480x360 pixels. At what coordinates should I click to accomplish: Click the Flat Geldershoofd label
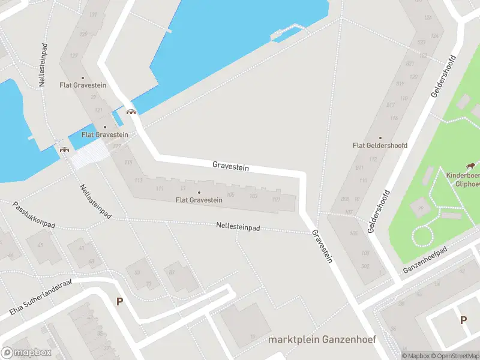pos(380,145)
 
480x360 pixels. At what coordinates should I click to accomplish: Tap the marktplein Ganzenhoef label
pos(322,339)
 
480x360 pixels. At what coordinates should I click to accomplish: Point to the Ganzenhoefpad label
pos(427,260)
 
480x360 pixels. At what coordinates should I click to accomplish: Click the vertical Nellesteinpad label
pos(43,65)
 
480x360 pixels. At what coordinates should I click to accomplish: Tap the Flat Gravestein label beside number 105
pos(199,199)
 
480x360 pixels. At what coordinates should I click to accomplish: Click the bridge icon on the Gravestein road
pos(131,111)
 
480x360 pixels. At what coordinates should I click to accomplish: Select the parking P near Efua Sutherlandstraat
pos(119,302)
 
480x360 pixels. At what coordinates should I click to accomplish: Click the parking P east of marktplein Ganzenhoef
pos(463,320)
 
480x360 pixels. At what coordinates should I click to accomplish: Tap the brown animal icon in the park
pos(472,166)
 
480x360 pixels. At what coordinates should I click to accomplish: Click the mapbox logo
pos(26,352)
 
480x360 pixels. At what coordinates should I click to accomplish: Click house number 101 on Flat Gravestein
pos(276,199)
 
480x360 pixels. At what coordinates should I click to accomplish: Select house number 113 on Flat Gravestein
pos(139,180)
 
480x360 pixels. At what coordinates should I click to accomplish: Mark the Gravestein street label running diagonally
pos(322,247)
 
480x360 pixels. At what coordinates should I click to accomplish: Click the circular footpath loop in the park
pos(424,235)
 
